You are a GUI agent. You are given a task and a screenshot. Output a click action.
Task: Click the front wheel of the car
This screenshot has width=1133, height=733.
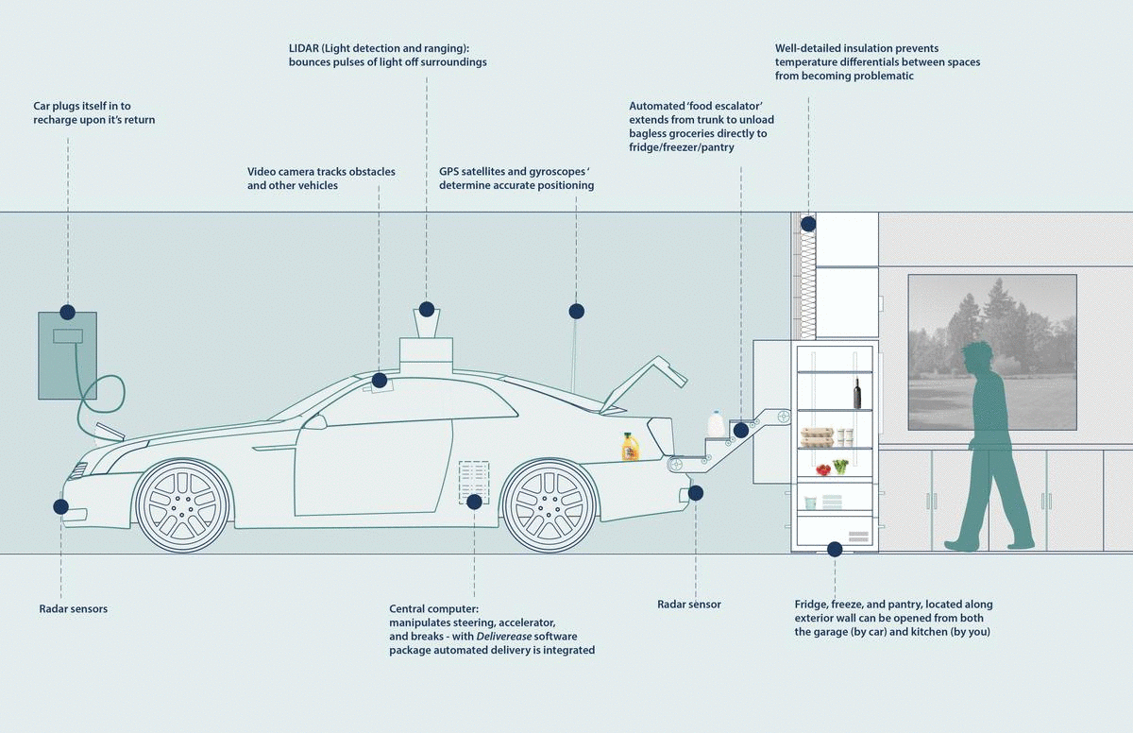tap(183, 506)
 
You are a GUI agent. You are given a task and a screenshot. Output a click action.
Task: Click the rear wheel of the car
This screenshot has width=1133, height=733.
tap(550, 506)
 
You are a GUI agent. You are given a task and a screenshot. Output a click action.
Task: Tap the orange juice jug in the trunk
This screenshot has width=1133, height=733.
tap(631, 446)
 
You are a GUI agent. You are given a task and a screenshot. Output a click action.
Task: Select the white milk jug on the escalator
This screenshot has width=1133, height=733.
tap(717, 424)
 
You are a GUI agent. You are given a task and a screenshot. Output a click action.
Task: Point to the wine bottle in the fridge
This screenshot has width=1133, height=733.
tap(857, 392)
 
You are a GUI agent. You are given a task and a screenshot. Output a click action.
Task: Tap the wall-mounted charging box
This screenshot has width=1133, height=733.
tap(67, 355)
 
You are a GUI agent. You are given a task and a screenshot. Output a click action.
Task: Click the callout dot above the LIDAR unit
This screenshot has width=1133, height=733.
tap(427, 309)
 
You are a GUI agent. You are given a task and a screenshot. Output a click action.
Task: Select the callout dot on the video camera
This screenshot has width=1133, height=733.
tap(380, 381)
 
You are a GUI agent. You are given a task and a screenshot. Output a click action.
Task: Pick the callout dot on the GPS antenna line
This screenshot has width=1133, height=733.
tap(576, 310)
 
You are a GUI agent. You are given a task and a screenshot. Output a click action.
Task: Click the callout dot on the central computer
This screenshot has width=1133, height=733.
tap(474, 501)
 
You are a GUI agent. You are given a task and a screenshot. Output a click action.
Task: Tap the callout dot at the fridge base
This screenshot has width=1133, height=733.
tap(835, 549)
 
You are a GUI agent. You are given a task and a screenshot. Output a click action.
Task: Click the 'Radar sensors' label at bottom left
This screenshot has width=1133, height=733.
tap(74, 609)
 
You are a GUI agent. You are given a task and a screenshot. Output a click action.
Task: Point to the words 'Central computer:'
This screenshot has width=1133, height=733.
tap(434, 609)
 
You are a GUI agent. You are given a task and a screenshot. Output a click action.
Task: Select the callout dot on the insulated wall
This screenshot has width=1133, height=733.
tap(808, 225)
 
